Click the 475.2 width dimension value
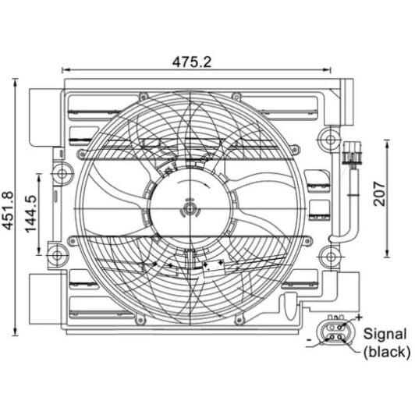pyautogui.click(x=192, y=62)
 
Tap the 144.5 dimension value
pyautogui.click(x=30, y=214)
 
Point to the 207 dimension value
pyautogui.click(x=379, y=193)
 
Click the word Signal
pyautogui.click(x=385, y=334)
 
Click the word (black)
pyautogui.click(x=387, y=353)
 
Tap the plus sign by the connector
pyautogui.click(x=359, y=317)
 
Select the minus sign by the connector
pyautogui.click(x=309, y=339)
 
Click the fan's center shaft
pyautogui.click(x=190, y=209)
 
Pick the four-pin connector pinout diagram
pyautogui.click(x=335, y=332)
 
